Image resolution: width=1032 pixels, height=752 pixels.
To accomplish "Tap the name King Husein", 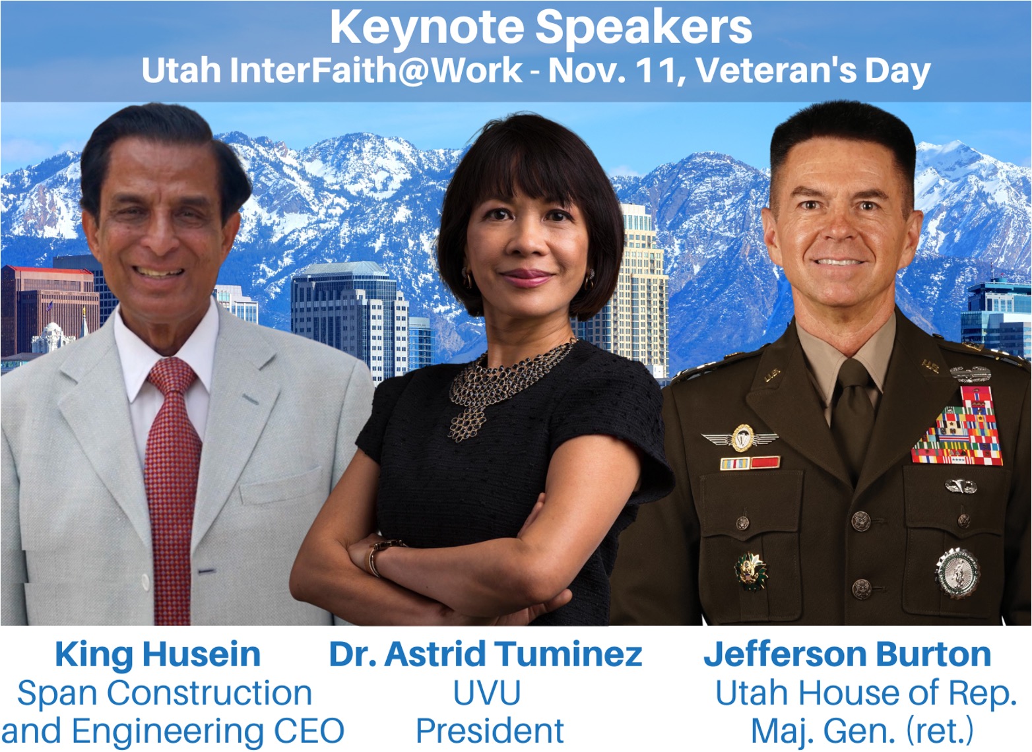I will (x=158, y=654).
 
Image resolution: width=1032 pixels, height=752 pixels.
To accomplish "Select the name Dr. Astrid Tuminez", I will (x=486, y=654).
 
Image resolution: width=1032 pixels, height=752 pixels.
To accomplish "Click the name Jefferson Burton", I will (x=847, y=654).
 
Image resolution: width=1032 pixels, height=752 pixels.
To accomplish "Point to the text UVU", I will (x=487, y=693).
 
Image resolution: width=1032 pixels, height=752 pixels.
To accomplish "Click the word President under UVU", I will (x=490, y=731).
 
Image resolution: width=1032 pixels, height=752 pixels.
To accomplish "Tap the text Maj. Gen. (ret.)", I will (x=862, y=731).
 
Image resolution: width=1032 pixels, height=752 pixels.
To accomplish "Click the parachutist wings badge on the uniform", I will (x=739, y=437).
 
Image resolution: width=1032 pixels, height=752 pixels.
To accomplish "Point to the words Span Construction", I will (x=164, y=693).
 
